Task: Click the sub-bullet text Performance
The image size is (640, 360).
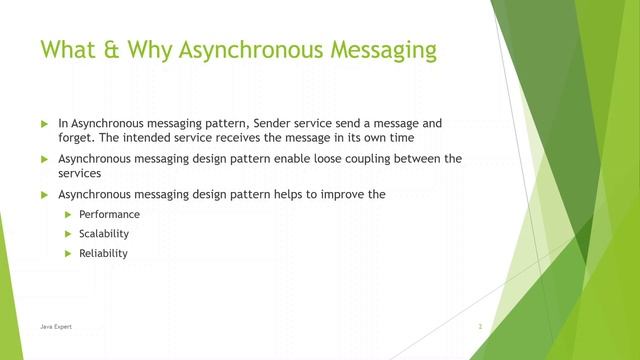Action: click(109, 215)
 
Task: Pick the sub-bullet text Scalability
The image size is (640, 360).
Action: click(104, 234)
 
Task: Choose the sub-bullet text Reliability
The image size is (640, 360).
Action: click(103, 253)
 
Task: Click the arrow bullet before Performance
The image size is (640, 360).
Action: click(69, 215)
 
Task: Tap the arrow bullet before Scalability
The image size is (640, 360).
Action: click(69, 234)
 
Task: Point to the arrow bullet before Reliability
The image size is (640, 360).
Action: click(69, 253)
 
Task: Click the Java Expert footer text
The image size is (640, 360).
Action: click(56, 327)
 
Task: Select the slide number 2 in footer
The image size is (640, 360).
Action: click(481, 327)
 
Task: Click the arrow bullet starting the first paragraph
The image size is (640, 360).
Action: click(44, 123)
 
